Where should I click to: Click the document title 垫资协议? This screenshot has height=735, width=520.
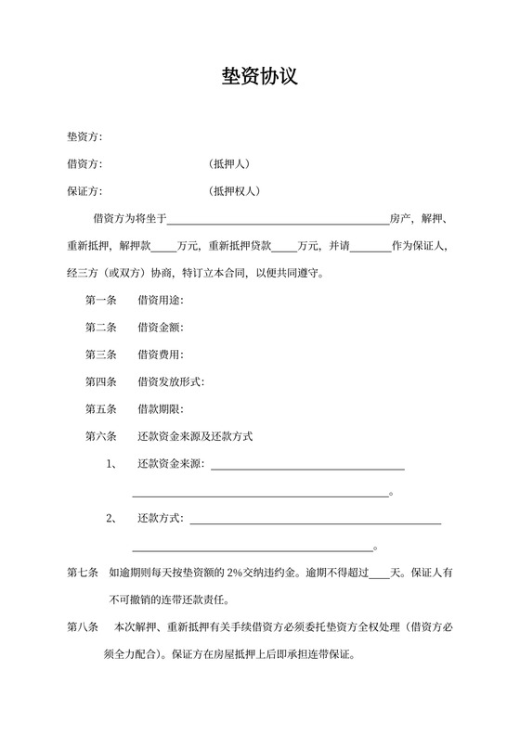click(x=259, y=76)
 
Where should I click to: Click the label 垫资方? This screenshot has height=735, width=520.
click(x=84, y=137)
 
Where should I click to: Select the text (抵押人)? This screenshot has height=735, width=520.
click(x=230, y=164)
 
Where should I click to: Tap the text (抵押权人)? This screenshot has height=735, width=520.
click(x=236, y=191)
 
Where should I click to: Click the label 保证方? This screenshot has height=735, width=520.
click(x=84, y=191)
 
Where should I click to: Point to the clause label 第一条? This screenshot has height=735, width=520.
click(x=101, y=300)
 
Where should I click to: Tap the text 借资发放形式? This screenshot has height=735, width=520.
click(x=171, y=380)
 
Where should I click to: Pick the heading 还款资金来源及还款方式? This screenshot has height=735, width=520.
click(x=195, y=435)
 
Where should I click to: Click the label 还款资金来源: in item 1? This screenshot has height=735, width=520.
click(x=171, y=463)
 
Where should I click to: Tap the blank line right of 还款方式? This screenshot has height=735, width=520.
click(x=315, y=522)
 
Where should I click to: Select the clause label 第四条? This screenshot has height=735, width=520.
click(x=101, y=380)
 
